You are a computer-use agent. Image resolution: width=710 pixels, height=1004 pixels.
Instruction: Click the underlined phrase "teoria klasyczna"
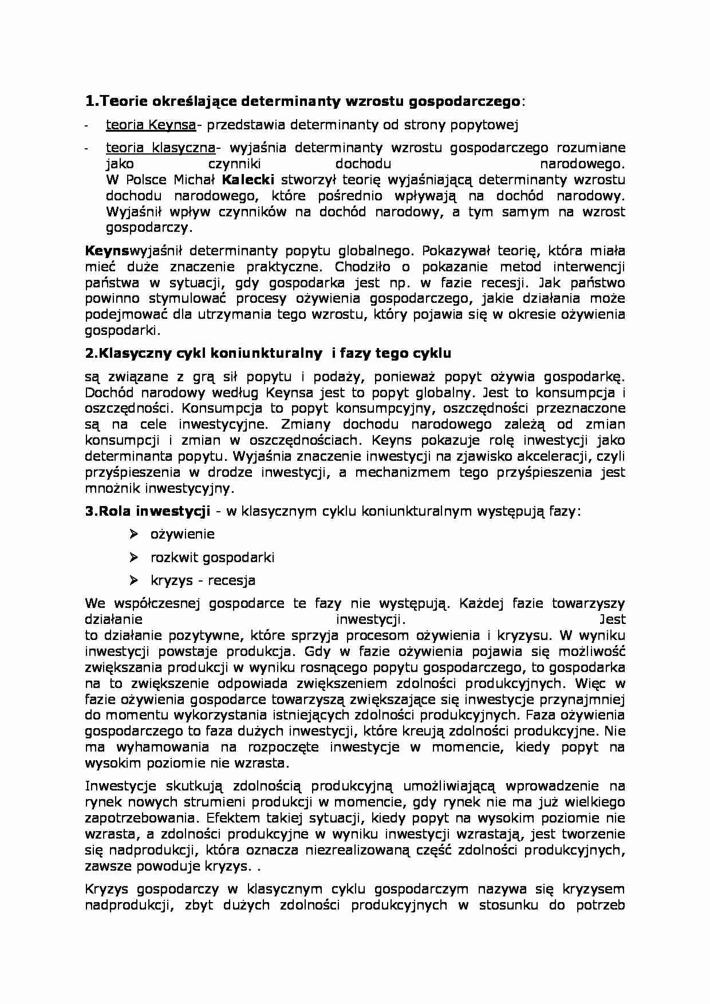(160, 148)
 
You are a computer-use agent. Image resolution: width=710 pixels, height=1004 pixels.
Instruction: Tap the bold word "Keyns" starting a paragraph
(107, 251)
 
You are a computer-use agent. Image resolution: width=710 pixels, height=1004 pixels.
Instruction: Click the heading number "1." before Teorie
(92, 102)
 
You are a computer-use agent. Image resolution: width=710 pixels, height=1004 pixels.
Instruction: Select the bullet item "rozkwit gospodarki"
(212, 557)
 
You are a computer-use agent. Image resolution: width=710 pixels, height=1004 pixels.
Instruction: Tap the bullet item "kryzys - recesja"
(203, 580)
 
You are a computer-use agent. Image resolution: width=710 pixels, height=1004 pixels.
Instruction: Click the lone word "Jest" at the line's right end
(612, 619)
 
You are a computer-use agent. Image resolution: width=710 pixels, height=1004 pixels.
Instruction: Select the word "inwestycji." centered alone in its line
(370, 619)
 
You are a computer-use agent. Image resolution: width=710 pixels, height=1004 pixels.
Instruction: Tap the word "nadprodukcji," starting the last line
(121, 905)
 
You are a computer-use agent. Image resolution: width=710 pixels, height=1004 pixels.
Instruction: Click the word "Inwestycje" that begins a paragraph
(117, 786)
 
